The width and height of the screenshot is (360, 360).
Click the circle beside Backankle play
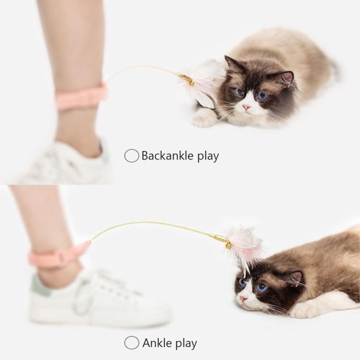click(131, 156)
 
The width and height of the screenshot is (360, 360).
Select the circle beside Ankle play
click(131, 343)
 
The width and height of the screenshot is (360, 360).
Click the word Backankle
click(165, 156)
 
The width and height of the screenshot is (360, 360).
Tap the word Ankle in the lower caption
click(156, 343)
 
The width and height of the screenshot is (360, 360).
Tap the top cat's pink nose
click(246, 107)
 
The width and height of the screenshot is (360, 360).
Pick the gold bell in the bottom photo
click(228, 245)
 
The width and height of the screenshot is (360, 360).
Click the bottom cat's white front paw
click(306, 310)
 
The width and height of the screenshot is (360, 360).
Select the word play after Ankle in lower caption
click(184, 343)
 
